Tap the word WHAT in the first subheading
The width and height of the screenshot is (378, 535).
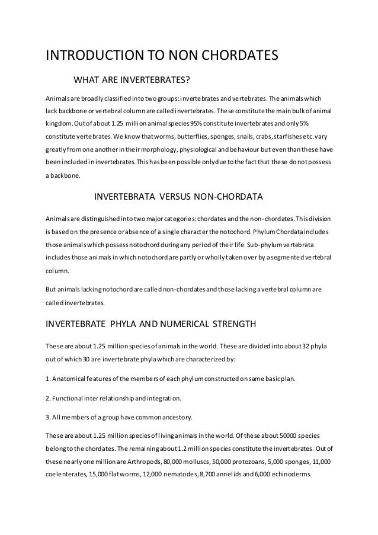point(86,80)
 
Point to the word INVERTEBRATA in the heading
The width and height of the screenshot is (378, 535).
point(124,196)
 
